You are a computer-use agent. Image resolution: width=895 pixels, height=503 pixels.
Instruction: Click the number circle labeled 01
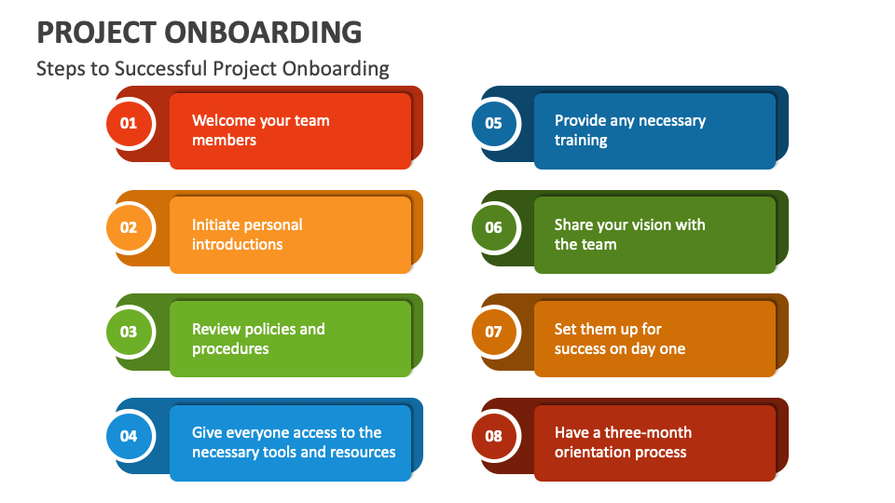[129, 123]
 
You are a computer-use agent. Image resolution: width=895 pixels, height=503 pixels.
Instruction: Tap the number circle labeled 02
[129, 227]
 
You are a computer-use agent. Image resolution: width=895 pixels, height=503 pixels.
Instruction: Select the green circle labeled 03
[129, 332]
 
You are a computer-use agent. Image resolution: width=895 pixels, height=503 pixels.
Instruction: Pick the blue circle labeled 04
[129, 435]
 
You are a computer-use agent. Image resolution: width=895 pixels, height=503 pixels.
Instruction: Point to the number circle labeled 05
[493, 123]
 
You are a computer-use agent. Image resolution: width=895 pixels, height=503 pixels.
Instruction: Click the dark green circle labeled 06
[493, 227]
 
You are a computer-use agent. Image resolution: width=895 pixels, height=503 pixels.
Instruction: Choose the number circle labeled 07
[493, 332]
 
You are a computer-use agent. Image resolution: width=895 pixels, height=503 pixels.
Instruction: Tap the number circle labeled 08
[493, 435]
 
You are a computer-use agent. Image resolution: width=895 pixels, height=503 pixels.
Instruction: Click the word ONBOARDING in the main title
[263, 33]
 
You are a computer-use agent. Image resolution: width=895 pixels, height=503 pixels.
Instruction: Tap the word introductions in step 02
[237, 244]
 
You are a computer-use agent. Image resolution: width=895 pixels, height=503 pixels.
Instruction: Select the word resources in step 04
[363, 453]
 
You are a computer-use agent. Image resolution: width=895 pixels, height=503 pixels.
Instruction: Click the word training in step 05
[581, 141]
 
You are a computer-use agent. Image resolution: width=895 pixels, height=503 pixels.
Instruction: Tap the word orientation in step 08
[597, 453]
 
